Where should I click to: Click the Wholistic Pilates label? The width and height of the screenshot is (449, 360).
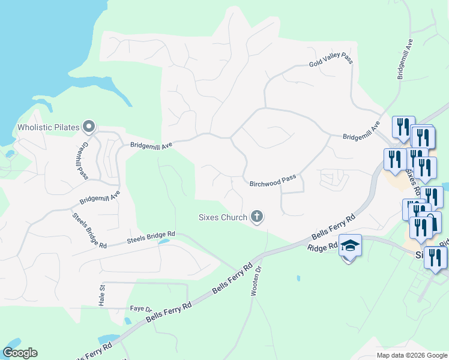click(x=49, y=127)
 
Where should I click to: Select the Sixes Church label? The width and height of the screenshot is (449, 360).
click(x=223, y=217)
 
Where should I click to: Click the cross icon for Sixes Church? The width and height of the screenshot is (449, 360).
click(x=257, y=216)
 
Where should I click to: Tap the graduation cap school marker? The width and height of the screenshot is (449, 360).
click(x=350, y=246)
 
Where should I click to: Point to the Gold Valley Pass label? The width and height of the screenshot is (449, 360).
click(x=331, y=59)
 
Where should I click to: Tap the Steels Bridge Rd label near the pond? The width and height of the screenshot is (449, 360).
click(x=150, y=238)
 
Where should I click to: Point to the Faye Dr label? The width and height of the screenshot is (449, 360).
click(x=140, y=308)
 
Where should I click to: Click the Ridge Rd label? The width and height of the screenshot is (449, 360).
click(x=323, y=247)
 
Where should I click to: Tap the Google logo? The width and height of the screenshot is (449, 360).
click(x=20, y=353)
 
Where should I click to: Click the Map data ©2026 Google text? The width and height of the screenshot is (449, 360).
click(x=412, y=355)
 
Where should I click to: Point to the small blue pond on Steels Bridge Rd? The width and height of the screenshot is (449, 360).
click(x=162, y=242)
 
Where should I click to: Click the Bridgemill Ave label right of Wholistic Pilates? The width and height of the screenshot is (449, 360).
click(x=151, y=145)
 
